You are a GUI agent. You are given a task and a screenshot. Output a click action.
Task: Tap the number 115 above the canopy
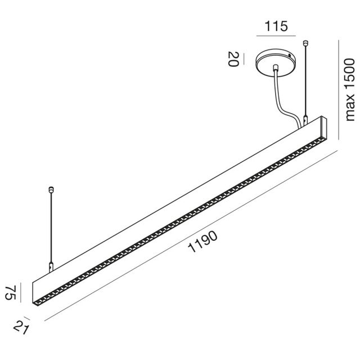coord(276,26)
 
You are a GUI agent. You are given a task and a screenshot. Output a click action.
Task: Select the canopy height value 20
coord(231,58)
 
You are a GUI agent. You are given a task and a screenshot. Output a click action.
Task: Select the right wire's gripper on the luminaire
coord(305,120)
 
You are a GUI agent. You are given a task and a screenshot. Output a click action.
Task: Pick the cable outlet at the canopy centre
coord(275,68)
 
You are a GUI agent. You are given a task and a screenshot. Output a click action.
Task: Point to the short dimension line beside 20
coord(240,58)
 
